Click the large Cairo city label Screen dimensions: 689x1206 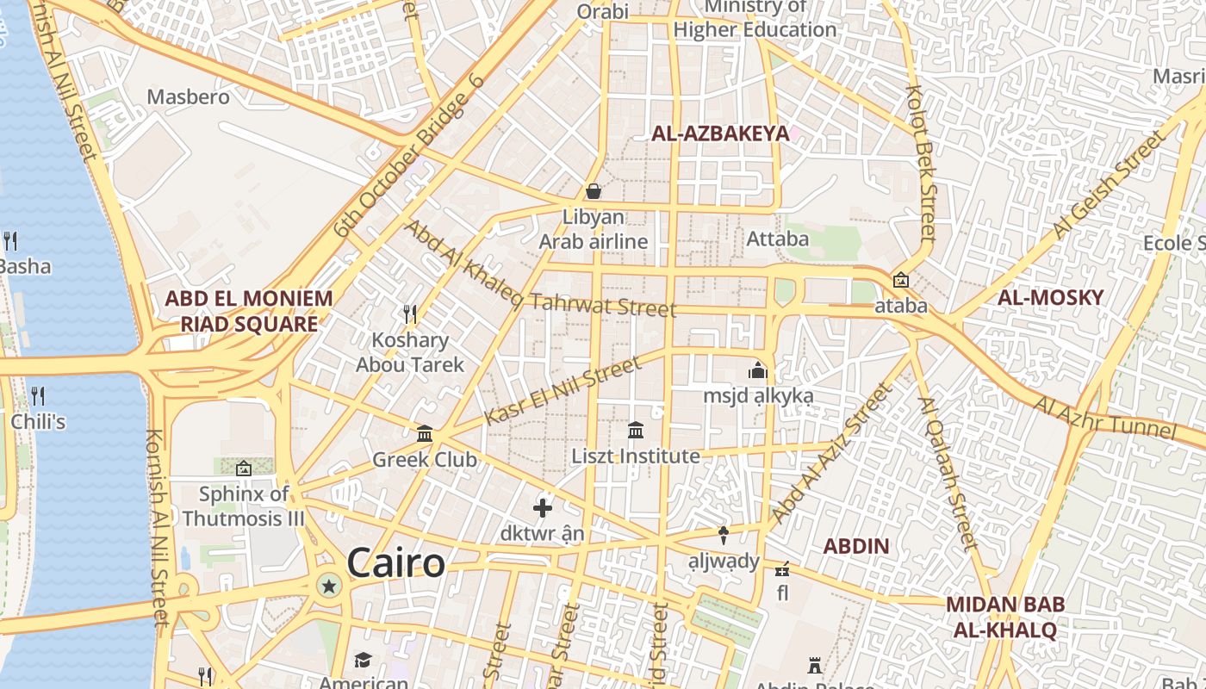396,563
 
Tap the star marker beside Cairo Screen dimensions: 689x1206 328,587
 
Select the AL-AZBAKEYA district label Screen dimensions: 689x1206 720,133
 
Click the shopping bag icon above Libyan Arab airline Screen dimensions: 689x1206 594,191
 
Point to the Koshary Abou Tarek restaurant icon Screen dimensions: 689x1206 410,313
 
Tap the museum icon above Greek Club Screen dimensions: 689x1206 425,433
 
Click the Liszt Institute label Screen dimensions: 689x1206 636,456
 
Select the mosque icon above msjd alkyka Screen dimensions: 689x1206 758,370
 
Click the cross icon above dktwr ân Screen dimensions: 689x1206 543,508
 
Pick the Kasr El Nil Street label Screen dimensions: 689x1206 563,392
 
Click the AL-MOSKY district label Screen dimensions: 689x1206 1050,298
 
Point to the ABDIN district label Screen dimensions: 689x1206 855,546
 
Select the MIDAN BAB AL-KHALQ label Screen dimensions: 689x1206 1004,617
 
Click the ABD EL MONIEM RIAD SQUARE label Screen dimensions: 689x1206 248,311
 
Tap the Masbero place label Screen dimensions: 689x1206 188,96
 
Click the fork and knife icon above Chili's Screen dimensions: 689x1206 38,396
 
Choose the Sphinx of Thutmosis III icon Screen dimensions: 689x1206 244,469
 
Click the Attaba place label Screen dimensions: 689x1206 778,239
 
